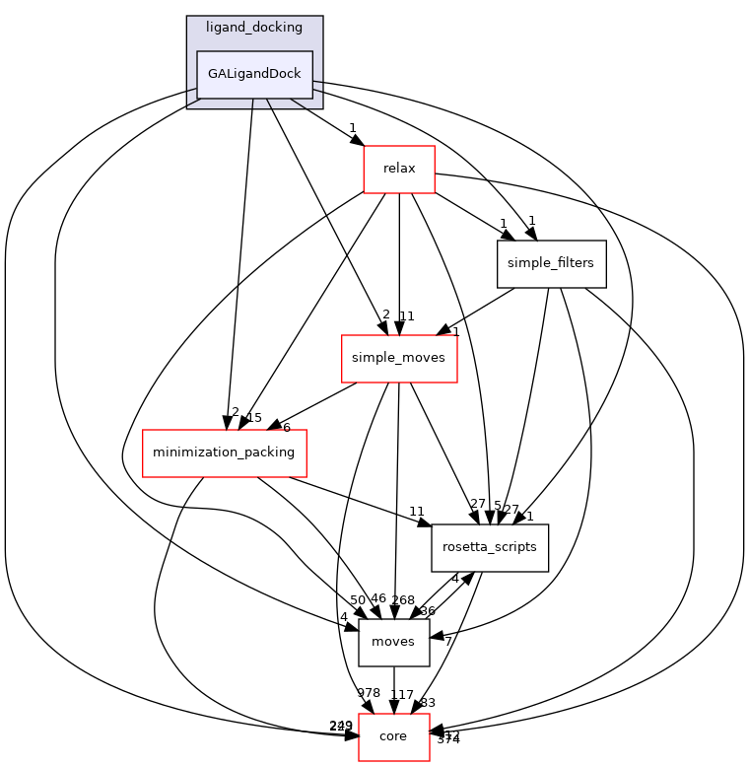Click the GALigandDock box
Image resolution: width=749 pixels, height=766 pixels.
[x=254, y=75]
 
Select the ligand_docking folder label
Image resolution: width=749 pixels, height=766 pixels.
[x=254, y=27]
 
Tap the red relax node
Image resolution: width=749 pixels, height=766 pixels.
[x=399, y=169]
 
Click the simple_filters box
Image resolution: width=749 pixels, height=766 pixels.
[x=550, y=264]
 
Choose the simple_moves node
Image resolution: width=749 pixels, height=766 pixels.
[x=398, y=359]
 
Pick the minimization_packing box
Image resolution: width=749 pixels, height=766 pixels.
[x=225, y=453]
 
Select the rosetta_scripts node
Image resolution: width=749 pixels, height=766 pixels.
[x=490, y=548]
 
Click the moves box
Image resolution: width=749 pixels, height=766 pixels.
[x=393, y=643]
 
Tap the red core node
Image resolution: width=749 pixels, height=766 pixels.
[x=393, y=737]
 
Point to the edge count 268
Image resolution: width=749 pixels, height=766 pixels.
[x=403, y=600]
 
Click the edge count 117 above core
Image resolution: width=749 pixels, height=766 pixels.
[x=401, y=695]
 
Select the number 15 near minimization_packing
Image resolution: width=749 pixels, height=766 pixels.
[x=253, y=418]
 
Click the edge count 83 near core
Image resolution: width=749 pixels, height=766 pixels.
[x=428, y=703]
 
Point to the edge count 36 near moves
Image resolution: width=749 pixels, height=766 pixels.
[x=427, y=611]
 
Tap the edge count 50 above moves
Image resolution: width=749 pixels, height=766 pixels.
[x=357, y=600]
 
